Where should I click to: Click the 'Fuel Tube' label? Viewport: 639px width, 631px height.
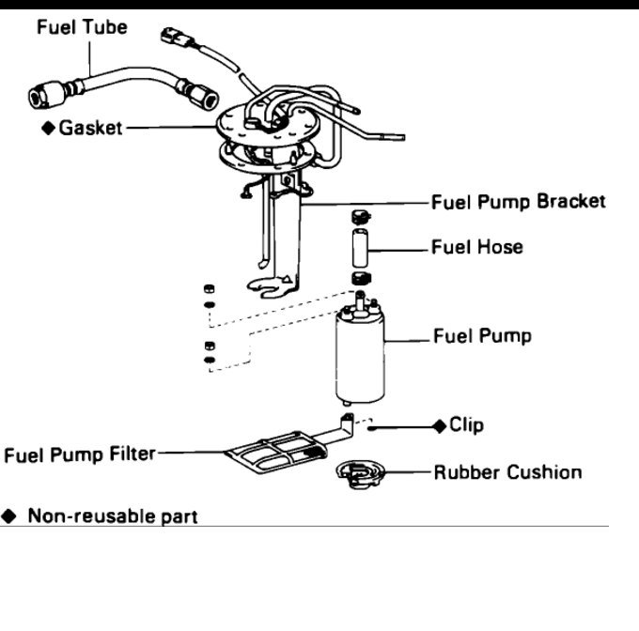tap(82, 27)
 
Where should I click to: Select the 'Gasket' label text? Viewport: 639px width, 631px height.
tap(90, 128)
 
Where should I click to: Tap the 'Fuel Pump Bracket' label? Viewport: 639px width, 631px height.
tap(518, 202)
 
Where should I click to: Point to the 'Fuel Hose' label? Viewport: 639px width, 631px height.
tap(476, 248)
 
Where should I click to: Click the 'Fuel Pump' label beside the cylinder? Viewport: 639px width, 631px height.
tap(481, 336)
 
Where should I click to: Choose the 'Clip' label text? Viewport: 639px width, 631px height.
tap(466, 425)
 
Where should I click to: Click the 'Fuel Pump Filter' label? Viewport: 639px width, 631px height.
tap(79, 455)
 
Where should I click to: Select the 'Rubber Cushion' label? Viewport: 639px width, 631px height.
tap(507, 472)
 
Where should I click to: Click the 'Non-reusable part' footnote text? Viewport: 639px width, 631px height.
tap(113, 516)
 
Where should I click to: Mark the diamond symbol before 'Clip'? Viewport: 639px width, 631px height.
tap(438, 426)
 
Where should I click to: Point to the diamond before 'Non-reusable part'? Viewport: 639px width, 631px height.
tap(10, 516)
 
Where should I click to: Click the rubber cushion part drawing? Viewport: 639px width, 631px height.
tap(358, 473)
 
